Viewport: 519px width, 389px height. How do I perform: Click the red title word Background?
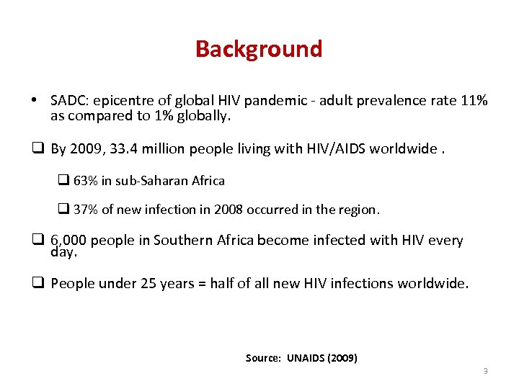[259, 49]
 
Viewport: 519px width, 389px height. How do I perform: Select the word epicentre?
[120, 101]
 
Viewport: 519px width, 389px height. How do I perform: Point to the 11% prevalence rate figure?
[474, 100]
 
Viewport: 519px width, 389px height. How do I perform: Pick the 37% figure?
[86, 210]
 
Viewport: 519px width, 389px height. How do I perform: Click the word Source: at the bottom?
[264, 358]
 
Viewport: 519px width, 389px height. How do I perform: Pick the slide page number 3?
[485, 371]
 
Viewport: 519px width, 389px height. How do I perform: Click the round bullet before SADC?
[34, 100]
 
